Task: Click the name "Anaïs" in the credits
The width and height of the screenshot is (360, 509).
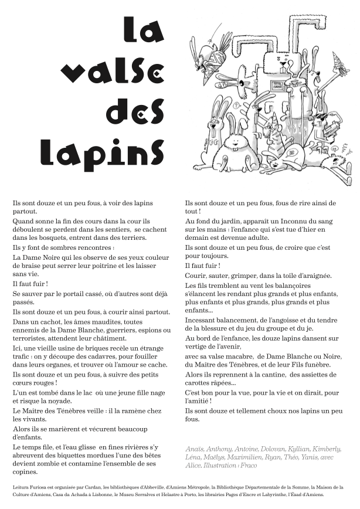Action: [195, 449]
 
